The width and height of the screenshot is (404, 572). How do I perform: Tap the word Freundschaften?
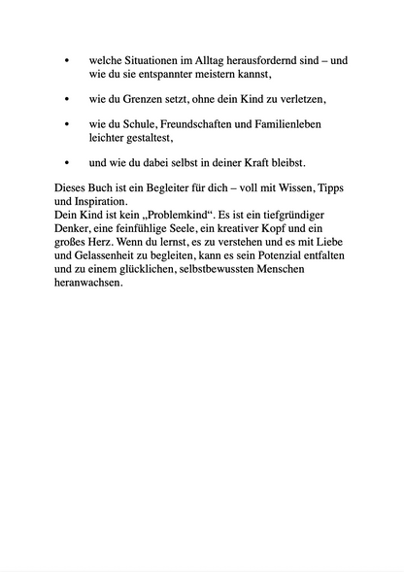pos(203,125)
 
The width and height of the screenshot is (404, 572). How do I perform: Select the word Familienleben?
pos(292,125)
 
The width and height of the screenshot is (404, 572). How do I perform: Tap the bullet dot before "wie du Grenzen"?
pos(66,99)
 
